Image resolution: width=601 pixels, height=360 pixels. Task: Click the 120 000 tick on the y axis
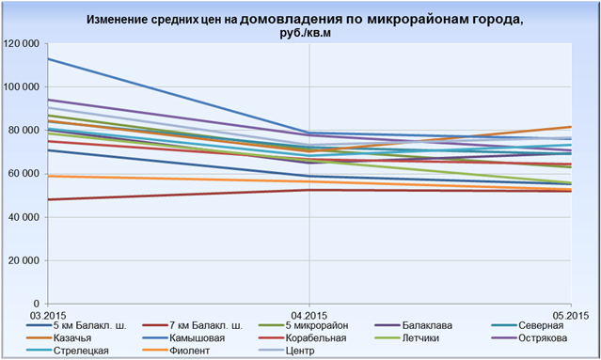click(21, 43)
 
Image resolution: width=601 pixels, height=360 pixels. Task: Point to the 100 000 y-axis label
click(21, 86)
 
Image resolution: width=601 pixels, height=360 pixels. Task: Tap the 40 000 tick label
click(24, 217)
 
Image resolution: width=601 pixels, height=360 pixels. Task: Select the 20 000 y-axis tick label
click(24, 260)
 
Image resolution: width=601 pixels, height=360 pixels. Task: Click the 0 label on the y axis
click(37, 304)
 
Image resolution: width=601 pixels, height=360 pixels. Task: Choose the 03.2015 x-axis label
click(48, 316)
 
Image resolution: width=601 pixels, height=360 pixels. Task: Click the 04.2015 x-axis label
click(309, 316)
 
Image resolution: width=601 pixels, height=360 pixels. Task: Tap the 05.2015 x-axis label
click(570, 316)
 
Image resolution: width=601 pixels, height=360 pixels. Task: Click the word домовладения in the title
click(291, 20)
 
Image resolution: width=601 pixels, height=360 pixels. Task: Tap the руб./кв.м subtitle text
click(305, 33)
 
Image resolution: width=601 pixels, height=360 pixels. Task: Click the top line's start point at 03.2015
click(48, 58)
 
